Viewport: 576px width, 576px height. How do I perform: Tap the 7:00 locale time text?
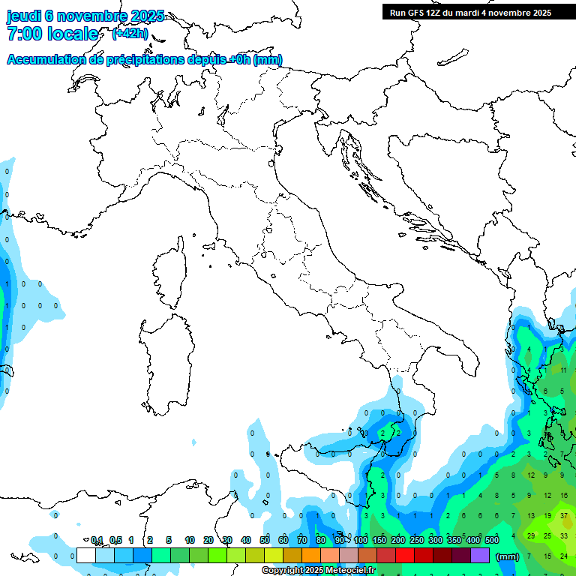52,34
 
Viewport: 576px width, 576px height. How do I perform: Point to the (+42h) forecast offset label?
130,33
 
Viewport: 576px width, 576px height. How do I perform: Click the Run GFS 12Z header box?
469,12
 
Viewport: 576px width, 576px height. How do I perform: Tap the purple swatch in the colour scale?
480,556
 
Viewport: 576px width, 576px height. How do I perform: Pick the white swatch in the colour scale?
86,556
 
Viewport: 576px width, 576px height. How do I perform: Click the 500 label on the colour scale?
492,541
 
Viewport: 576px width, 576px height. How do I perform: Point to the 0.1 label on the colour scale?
97,541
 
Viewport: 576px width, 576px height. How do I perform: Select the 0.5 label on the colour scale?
115,541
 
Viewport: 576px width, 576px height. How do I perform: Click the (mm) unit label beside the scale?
508,556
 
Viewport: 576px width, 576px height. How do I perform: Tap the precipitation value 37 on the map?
564,516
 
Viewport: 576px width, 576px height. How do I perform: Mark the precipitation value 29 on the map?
531,535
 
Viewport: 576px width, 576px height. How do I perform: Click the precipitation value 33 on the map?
564,535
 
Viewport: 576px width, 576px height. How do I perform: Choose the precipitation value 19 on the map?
547,516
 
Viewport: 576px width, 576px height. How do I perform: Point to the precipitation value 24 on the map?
564,556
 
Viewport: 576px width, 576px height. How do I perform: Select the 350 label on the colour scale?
454,541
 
